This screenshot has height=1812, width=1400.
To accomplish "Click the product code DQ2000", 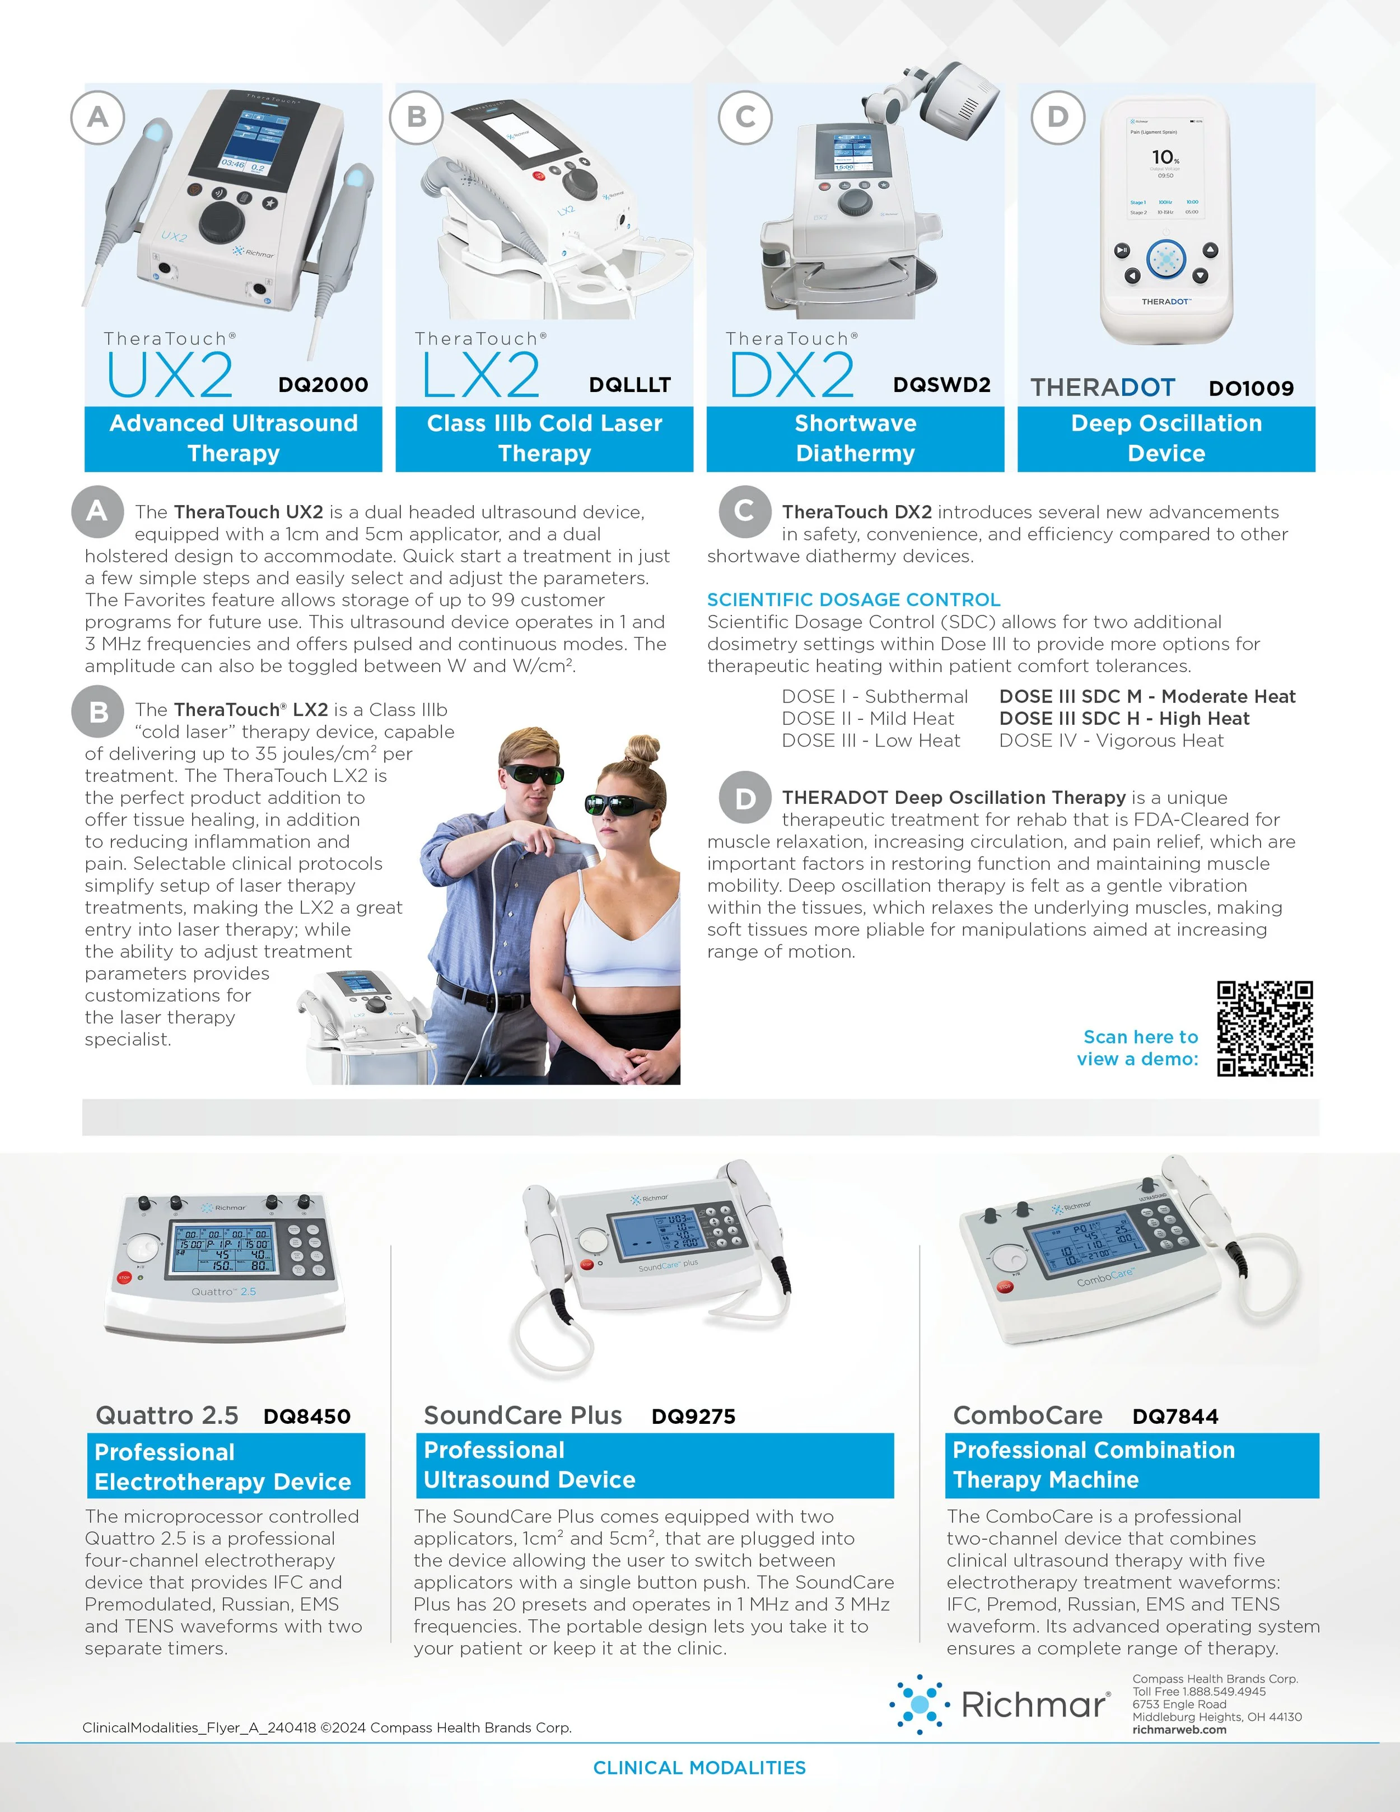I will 323,385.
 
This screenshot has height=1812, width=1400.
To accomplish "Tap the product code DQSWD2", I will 941,385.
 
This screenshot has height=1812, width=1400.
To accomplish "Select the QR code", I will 1264,1029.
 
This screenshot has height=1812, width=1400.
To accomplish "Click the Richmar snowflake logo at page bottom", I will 919,1704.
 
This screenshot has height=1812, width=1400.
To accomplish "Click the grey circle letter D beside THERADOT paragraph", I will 744,798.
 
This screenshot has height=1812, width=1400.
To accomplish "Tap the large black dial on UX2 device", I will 221,221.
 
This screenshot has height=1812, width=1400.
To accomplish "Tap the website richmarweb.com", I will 1179,1730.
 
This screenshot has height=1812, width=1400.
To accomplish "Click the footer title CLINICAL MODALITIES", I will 699,1768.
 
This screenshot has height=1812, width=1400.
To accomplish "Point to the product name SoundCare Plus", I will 522,1415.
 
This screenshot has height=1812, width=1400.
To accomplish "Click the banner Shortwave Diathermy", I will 855,438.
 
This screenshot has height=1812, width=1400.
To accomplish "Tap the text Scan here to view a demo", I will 1138,1048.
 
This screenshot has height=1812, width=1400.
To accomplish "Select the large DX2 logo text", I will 791,376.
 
